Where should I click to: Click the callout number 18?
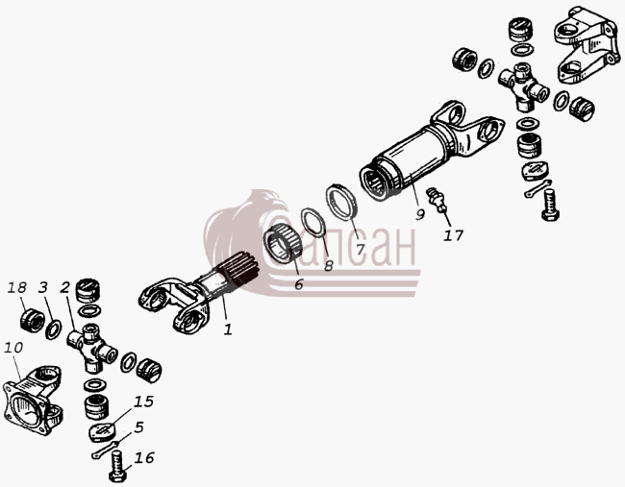pos(16,287)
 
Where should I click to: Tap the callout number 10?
pos(13,348)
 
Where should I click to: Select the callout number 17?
pos(453,235)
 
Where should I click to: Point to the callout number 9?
pos(420,214)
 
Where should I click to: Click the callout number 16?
pos(144,457)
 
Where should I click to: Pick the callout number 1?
pos(228,329)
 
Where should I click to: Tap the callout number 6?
pos(298,284)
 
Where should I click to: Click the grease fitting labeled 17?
pos(436,199)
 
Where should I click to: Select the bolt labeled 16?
pos(118,466)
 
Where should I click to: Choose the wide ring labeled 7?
pos(341,202)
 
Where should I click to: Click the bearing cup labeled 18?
pos(33,320)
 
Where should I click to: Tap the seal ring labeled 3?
pos(54,329)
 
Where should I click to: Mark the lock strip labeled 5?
pos(105,450)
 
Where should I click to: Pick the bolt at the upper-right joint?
pos(550,205)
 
